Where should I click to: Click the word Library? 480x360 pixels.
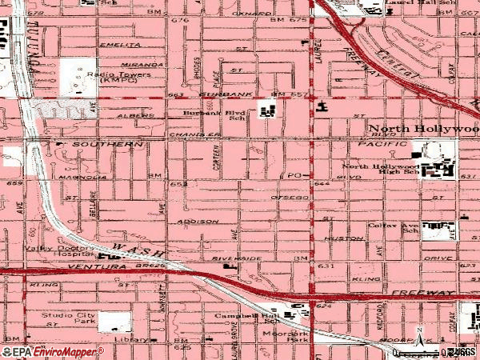[124, 339]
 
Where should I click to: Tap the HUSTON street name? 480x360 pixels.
[338, 238]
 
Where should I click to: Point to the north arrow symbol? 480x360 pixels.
[419, 332]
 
